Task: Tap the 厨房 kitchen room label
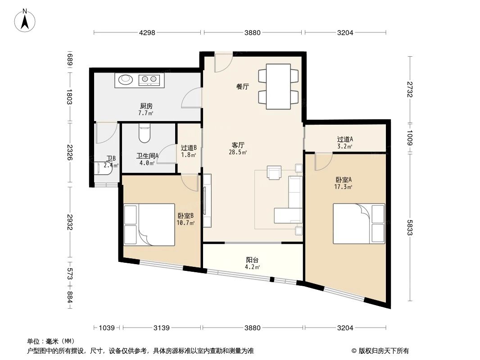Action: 146,109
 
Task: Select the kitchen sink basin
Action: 125,80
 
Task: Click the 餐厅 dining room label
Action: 243,87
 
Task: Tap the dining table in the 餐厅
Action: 278,86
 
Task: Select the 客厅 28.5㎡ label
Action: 238,148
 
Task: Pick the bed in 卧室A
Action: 358,223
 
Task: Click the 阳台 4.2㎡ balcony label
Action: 252,263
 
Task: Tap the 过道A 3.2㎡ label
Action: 345,142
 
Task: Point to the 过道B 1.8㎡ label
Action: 189,151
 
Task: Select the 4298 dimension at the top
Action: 147,32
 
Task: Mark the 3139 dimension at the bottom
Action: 161,328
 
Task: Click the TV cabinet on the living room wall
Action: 207,200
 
